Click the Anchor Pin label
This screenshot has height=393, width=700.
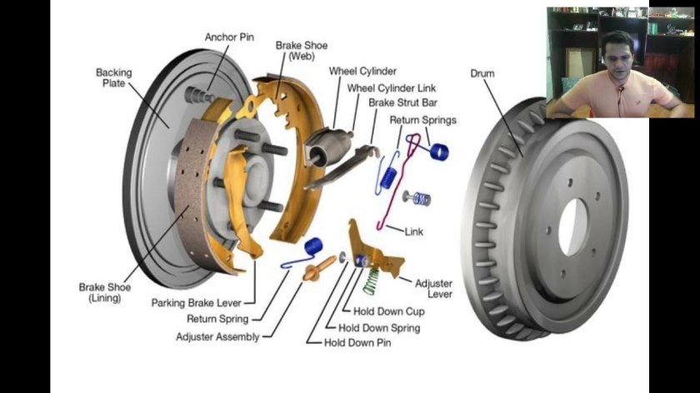(229, 37)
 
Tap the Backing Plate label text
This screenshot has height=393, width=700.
(114, 77)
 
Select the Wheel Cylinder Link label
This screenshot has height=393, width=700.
(392, 88)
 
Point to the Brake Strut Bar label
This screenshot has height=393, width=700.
(402, 102)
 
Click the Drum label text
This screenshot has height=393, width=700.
(482, 73)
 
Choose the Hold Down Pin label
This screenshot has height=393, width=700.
(357, 342)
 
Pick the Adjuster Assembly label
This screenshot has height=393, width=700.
(217, 336)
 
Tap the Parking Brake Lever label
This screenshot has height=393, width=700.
(197, 303)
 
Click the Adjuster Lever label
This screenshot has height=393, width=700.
(433, 289)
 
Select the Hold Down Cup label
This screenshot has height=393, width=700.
(389, 311)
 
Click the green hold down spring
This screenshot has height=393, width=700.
(370, 281)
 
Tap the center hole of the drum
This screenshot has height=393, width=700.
(572, 226)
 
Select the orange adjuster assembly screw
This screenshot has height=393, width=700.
(318, 269)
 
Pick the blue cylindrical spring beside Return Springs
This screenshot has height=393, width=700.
(439, 152)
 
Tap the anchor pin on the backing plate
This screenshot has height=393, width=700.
(198, 95)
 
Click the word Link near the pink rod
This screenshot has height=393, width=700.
(414, 231)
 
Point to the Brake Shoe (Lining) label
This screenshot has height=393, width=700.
(105, 292)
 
